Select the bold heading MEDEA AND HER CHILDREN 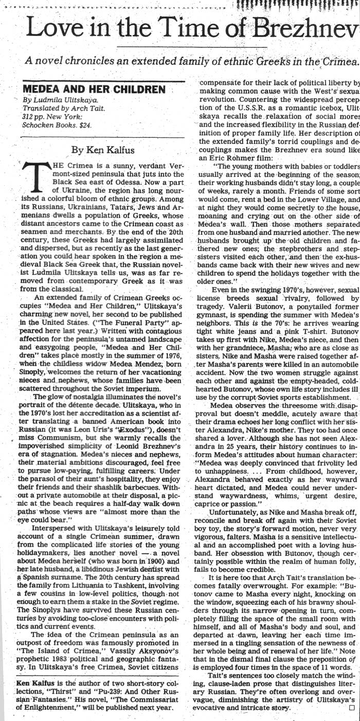click(x=94, y=89)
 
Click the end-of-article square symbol click(x=351, y=708)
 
